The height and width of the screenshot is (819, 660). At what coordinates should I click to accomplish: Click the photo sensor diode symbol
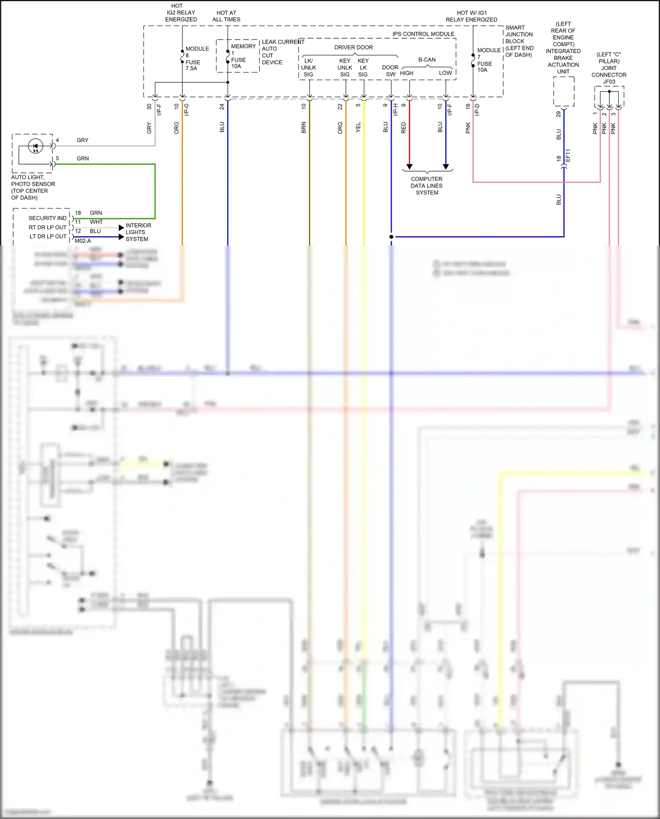pyautogui.click(x=35, y=146)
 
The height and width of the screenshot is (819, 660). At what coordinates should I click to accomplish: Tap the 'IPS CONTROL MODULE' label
pyautogui.click(x=423, y=34)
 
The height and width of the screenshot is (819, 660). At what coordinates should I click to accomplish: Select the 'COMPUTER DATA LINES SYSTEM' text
pyautogui.click(x=426, y=186)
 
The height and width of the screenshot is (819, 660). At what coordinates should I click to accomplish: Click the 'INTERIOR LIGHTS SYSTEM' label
pyautogui.click(x=138, y=232)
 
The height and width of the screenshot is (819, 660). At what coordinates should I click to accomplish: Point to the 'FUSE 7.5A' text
pyautogui.click(x=192, y=65)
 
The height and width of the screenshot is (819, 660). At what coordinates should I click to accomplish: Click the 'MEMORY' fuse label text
pyautogui.click(x=243, y=46)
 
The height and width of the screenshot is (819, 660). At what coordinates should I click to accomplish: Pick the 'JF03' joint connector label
pyautogui.click(x=609, y=82)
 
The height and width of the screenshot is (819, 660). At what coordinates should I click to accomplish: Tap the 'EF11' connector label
pyautogui.click(x=568, y=156)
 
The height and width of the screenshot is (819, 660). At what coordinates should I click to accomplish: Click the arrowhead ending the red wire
pyautogui.click(x=409, y=167)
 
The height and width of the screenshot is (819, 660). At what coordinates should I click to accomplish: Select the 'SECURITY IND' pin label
pyautogui.click(x=48, y=218)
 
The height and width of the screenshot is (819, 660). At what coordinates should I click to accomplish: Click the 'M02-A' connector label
pyautogui.click(x=83, y=241)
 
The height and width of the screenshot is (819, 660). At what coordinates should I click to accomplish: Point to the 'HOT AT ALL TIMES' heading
pyautogui.click(x=226, y=16)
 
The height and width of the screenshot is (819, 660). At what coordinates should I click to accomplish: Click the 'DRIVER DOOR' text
pyautogui.click(x=353, y=48)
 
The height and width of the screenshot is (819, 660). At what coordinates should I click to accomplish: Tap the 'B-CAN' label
pyautogui.click(x=427, y=60)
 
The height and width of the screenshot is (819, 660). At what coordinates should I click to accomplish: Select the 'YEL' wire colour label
pyautogui.click(x=358, y=128)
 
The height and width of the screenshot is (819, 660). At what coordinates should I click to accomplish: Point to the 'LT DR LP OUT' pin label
pyautogui.click(x=48, y=237)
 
